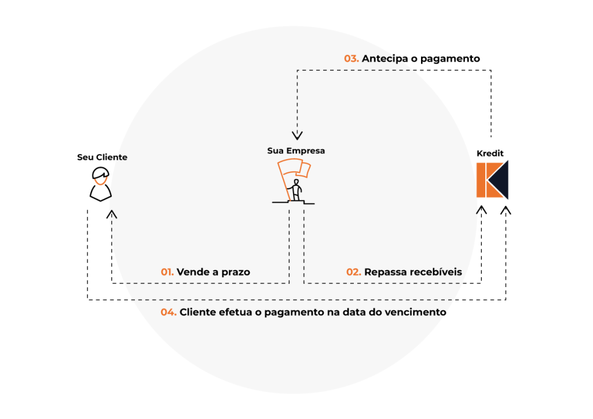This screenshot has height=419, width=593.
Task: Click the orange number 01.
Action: pos(167,272)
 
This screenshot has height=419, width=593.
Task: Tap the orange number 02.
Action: pos(354,272)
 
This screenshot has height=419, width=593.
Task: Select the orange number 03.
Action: pos(351,58)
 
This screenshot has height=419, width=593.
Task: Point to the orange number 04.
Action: pos(169,313)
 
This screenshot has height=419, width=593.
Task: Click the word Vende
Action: pos(192,272)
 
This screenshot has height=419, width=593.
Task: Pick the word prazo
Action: pos(235,272)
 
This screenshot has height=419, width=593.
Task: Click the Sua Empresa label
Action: pos(296,150)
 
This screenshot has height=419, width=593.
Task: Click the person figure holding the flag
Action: pos(296,190)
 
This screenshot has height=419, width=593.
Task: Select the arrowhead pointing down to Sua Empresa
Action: pos(297,135)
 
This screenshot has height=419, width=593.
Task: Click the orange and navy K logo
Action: pos(492,180)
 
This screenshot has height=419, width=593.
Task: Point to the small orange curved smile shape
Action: pos(101,182)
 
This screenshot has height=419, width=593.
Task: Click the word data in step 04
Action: pos(356,313)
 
